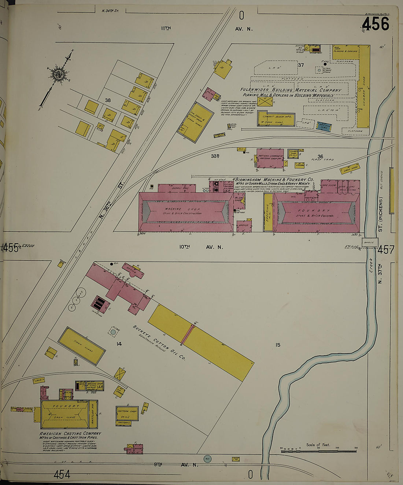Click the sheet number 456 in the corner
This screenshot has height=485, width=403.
[x=375, y=24]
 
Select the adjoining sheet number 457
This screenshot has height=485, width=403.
[x=385, y=250]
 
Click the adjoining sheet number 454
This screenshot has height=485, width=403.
[x=62, y=475]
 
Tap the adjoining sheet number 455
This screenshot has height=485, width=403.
[x=10, y=248]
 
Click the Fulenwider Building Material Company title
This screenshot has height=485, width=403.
[x=291, y=90]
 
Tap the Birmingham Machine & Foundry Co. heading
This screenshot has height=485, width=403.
[x=274, y=179]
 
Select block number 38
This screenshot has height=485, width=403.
[x=108, y=100]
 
